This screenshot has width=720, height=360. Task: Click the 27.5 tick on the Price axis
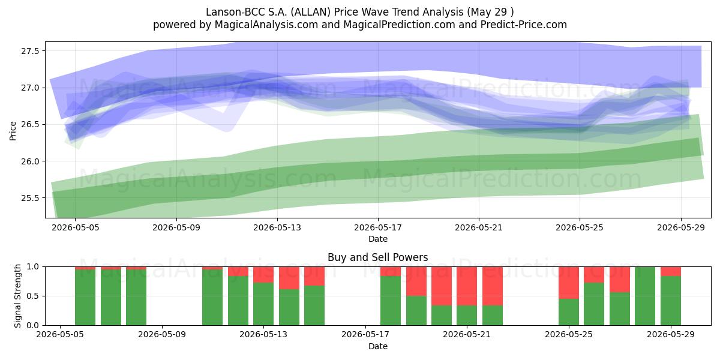coord(30,51)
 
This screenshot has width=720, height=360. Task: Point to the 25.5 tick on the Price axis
coord(30,199)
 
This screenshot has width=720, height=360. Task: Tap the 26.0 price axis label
coord(30,161)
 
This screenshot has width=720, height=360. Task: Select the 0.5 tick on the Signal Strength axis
coord(32,296)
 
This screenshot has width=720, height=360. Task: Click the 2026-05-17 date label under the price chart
coord(378,228)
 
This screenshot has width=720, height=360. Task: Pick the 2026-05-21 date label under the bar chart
coord(467,335)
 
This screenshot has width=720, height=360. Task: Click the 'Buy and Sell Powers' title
coord(377,257)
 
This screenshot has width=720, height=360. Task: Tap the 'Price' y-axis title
coord(13,131)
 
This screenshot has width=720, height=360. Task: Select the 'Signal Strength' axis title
coord(17,296)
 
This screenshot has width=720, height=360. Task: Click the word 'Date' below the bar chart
coord(378,347)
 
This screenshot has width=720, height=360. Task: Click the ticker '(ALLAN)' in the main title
coord(311,12)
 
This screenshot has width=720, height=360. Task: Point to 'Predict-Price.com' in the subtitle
coord(524,25)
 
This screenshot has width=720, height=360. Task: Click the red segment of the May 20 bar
coord(442,286)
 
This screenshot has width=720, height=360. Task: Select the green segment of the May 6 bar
coord(85,298)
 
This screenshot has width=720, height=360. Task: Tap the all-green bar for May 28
coord(645,296)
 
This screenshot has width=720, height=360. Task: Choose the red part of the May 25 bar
coord(569,283)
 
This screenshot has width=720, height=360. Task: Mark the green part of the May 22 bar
coord(493,316)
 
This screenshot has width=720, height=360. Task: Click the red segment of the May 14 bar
coord(289,278)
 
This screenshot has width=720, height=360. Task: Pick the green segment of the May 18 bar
coord(391,301)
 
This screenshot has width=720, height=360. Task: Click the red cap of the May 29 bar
coord(671,271)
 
